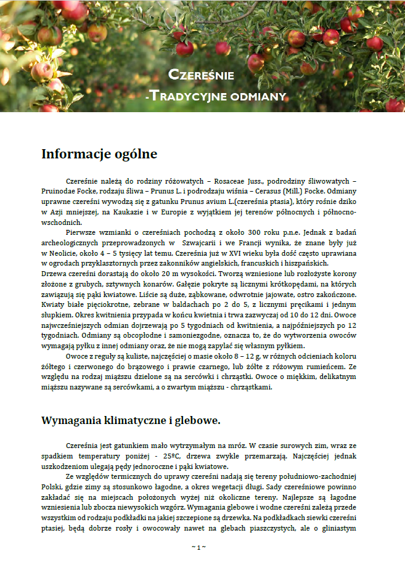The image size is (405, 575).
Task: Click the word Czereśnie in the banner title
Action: (x=201, y=75)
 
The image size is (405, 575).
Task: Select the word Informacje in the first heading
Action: (x=76, y=154)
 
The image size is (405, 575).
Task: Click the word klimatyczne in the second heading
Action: (x=120, y=420)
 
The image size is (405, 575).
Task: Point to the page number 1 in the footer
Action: (x=198, y=547)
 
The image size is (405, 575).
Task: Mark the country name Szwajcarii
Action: (x=198, y=245)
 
